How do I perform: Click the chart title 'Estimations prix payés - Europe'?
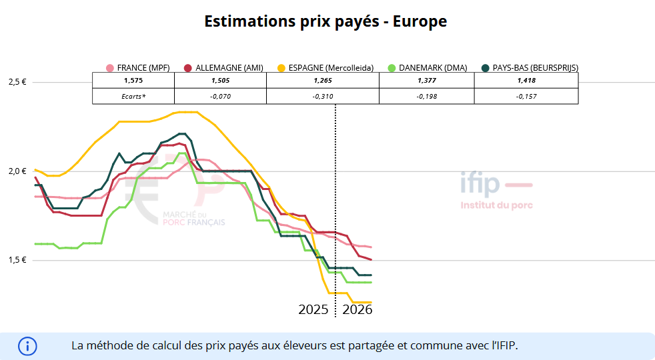point(325,21)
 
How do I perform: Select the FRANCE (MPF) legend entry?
point(139,67)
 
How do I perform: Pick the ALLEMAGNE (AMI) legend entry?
point(223,67)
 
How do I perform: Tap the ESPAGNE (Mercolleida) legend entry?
point(325,67)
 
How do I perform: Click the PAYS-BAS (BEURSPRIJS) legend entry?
point(530,67)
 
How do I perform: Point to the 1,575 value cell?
point(133,80)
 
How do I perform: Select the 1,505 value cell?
point(220,80)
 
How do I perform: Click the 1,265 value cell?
point(323,80)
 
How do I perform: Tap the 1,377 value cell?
point(427,80)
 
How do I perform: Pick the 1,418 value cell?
point(526,80)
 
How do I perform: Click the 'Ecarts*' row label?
point(133,96)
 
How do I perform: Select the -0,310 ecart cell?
point(323,96)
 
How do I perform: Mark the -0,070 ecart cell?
point(220,96)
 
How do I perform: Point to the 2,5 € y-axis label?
point(16,82)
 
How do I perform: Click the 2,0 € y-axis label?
point(16,171)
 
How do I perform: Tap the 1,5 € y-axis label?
point(16,260)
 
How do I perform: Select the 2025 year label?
point(313,310)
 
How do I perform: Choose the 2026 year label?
point(357,310)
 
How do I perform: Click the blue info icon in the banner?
point(27,346)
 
